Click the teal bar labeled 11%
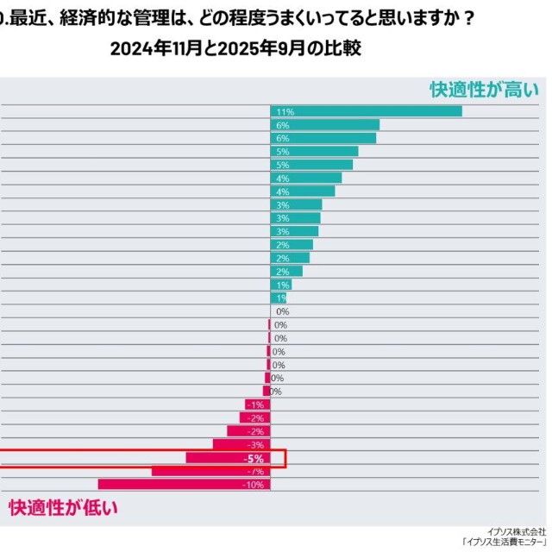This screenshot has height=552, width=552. pyautogui.click(x=367, y=111)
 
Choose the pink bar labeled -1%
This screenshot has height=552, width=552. pyautogui.click(x=256, y=405)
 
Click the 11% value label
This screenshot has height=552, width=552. pyautogui.click(x=285, y=112)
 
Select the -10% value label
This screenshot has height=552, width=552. pyautogui.click(x=254, y=485)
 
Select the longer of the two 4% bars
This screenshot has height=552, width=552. pyautogui.click(x=306, y=178)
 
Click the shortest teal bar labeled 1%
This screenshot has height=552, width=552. pyautogui.click(x=273, y=298)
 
